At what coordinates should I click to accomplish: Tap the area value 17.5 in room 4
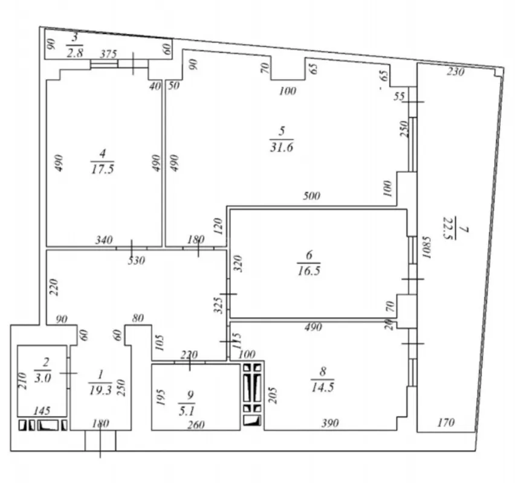pyautogui.click(x=102, y=170)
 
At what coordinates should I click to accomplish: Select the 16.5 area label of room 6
pyautogui.click(x=308, y=272)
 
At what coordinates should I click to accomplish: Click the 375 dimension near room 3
pyautogui.click(x=108, y=54)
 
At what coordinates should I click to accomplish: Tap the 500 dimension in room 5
pyautogui.click(x=313, y=196)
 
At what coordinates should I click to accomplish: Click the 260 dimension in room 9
pyautogui.click(x=196, y=424)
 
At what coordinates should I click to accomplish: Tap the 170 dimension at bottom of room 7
pyautogui.click(x=445, y=422)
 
